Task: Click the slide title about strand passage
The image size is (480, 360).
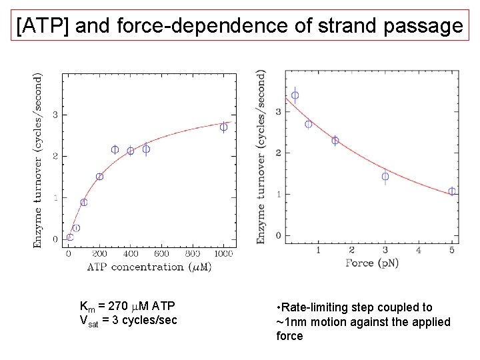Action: tap(239, 26)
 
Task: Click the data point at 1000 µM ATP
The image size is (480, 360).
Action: tap(223, 127)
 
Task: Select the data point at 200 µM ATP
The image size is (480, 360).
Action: tap(99, 177)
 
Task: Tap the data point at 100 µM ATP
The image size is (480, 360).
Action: tap(83, 202)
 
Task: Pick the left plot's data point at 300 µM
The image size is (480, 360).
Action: tap(115, 150)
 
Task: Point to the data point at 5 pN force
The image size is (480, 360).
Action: tap(452, 191)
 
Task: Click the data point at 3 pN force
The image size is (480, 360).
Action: tap(385, 177)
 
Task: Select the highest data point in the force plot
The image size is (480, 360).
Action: tap(295, 95)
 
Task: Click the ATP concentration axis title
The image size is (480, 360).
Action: tap(149, 267)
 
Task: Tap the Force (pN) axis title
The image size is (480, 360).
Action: tap(373, 263)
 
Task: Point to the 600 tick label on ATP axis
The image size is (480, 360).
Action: tap(161, 253)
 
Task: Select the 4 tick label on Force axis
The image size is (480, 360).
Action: tap(419, 250)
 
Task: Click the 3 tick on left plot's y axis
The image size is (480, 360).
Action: tap(55, 115)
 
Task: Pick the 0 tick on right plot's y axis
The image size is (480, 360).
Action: tap(278, 236)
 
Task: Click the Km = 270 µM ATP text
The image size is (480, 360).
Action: tap(127, 307)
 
